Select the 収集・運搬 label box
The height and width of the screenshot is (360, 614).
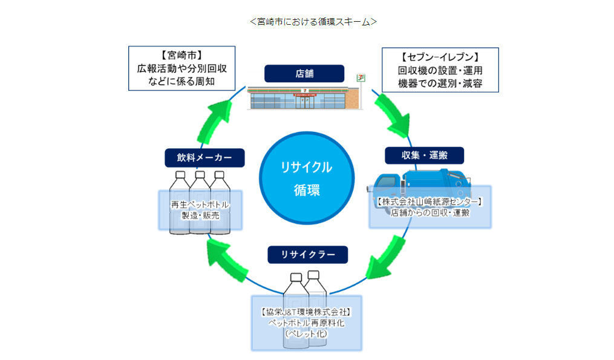coord(425,155)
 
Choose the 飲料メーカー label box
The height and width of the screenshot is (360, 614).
coord(204,158)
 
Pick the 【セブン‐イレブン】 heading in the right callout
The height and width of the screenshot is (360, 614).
coord(440,58)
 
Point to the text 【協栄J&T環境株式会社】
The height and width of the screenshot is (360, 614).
coord(306,312)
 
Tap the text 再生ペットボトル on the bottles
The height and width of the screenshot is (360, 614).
coord(200,205)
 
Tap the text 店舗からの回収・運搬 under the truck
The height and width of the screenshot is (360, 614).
coord(430,212)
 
